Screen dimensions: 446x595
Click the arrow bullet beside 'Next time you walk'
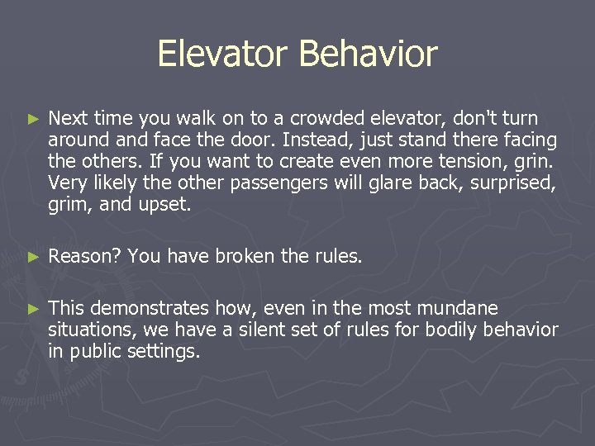pos(33,121)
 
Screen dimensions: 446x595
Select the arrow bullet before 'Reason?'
pos(33,257)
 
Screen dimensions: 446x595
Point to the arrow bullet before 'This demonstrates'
pos(33,310)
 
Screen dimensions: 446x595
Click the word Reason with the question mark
pos(85,256)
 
